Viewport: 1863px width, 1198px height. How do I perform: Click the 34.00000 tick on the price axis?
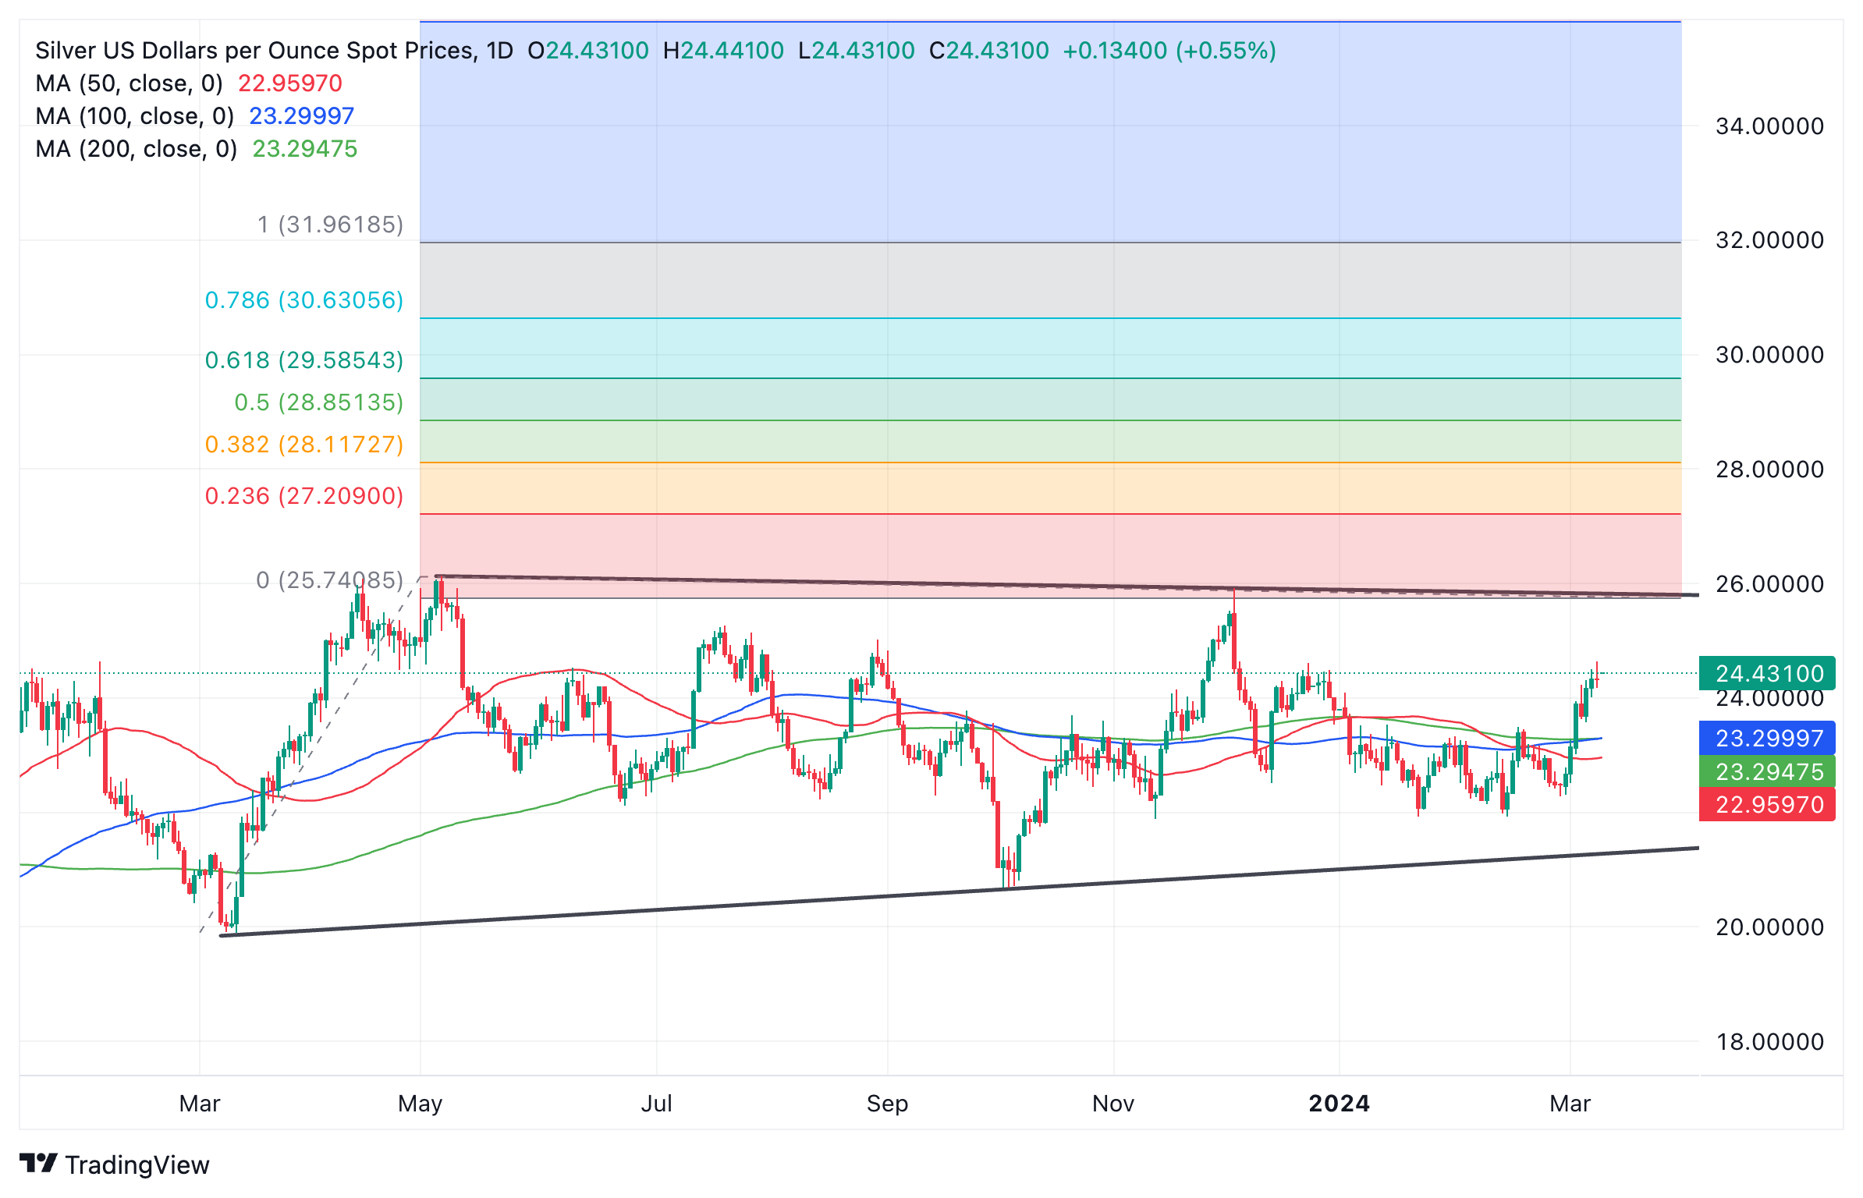[1769, 126]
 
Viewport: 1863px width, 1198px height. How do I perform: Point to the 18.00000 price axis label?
[1769, 1041]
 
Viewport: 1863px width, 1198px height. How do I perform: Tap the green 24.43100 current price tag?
[1766, 673]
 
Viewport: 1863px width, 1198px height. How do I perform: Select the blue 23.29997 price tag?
[1766, 738]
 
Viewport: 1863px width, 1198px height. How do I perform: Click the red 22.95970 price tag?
[1766, 804]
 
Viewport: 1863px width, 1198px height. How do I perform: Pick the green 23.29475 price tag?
[1766, 771]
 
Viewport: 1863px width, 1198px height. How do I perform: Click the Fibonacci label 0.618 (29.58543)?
[303, 360]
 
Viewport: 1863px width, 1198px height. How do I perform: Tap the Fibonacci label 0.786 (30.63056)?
[303, 300]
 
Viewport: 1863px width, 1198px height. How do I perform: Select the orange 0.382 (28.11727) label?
[303, 445]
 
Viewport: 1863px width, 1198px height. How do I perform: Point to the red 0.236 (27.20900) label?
[303, 496]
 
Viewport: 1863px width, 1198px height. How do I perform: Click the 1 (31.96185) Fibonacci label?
[330, 225]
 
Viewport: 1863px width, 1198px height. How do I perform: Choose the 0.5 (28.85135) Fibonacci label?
[318, 402]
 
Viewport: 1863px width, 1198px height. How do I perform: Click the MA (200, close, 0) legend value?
[304, 149]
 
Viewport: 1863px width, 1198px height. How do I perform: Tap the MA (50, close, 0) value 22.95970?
[289, 83]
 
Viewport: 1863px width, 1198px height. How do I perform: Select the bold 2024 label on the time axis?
[1339, 1104]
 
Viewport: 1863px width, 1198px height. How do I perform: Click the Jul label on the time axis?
[656, 1104]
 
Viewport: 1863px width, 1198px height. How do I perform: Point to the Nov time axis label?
[1112, 1104]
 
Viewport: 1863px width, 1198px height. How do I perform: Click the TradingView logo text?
[137, 1164]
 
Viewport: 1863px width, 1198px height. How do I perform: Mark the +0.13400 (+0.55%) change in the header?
[1169, 51]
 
